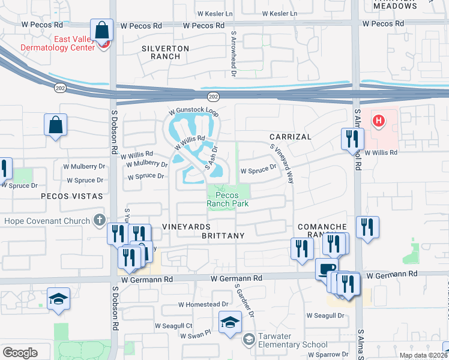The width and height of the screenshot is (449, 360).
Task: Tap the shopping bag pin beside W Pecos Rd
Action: (x=102, y=30)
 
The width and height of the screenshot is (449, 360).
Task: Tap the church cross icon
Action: (x=99, y=221)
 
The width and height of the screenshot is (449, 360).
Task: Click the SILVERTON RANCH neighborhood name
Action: (x=165, y=52)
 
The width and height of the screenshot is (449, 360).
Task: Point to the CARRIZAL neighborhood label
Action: (x=291, y=137)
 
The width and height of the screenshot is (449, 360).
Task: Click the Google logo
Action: (x=20, y=352)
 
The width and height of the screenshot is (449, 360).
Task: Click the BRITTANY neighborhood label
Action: (x=223, y=236)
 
